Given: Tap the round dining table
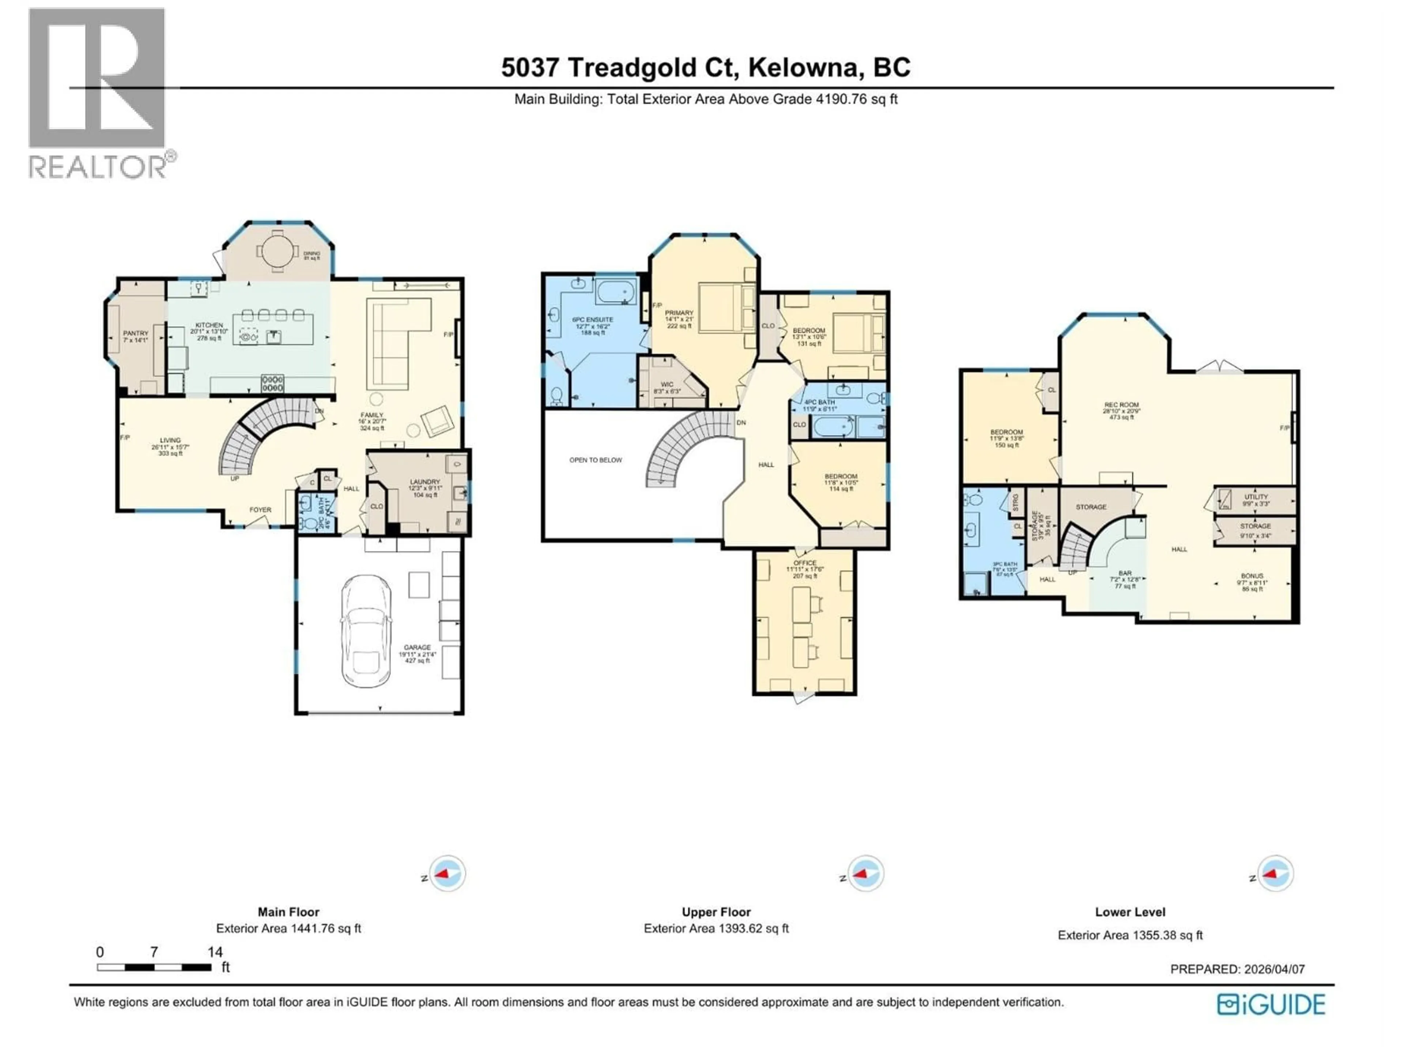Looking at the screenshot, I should click(278, 252).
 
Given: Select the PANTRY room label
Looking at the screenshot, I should click(135, 333).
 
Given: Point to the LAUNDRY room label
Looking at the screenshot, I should click(424, 482).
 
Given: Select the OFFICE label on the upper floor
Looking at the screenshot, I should click(805, 563).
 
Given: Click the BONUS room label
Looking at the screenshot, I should click(1252, 576).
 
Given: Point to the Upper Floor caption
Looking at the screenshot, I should click(716, 912).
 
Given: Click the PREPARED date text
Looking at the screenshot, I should click(1237, 969).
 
